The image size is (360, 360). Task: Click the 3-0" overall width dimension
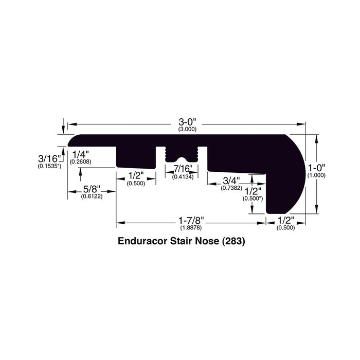point(188,122)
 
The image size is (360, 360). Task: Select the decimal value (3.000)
point(188,129)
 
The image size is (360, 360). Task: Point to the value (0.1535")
point(50,166)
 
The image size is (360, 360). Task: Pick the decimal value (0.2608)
point(81,162)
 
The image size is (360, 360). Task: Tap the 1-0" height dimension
point(316,168)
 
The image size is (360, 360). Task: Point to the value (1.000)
point(316,176)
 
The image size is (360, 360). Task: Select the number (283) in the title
point(233,240)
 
